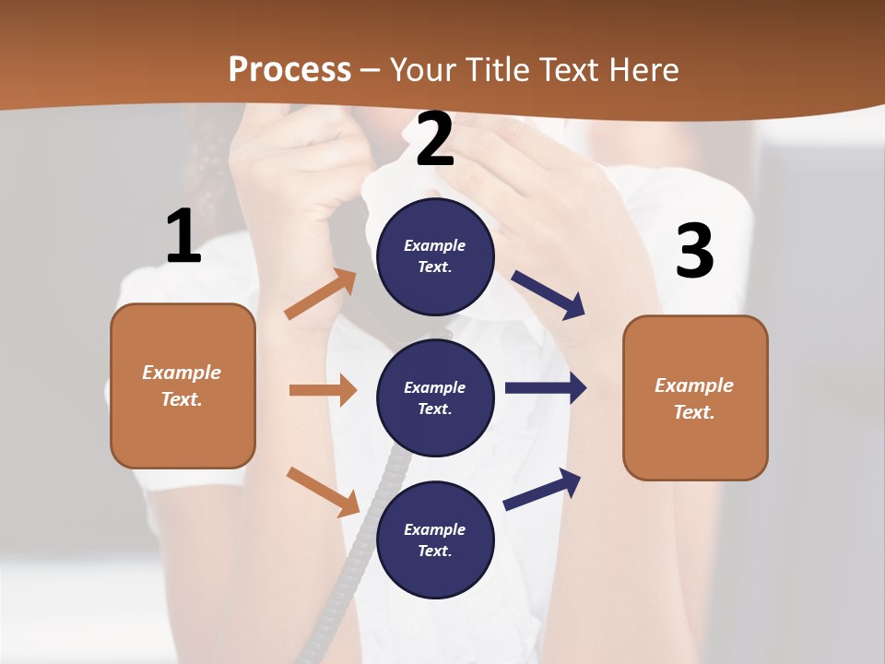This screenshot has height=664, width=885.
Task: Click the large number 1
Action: [x=183, y=236]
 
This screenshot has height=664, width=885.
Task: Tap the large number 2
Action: [x=435, y=139]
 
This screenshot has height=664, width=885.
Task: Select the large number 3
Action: [x=694, y=251]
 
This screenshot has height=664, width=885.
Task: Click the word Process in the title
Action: [x=289, y=69]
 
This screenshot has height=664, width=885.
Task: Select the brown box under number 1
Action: [x=183, y=385]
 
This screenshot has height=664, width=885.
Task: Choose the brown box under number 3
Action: [x=695, y=397]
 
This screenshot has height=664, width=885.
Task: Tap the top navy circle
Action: [x=435, y=256]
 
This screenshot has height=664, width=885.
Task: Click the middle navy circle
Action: [x=435, y=397]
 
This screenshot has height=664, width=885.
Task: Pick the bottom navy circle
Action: [x=435, y=539]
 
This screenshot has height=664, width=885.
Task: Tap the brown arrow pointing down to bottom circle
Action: [x=323, y=491]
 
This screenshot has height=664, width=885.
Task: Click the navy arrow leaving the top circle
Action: [x=548, y=294]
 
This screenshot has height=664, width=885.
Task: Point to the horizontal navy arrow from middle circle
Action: [x=545, y=388]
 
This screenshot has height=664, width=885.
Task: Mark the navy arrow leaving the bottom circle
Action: [x=542, y=489]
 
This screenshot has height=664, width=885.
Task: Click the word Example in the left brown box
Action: [x=182, y=373]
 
